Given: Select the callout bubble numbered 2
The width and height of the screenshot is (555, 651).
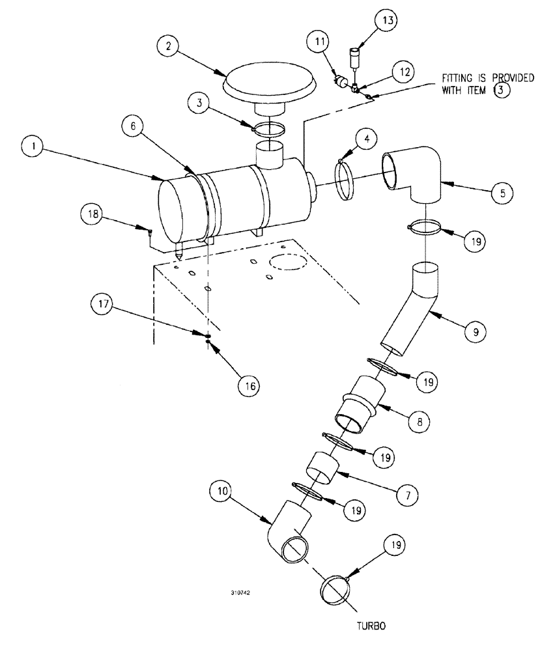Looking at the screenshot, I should (169, 46).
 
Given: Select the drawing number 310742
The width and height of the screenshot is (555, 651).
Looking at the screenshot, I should (240, 594).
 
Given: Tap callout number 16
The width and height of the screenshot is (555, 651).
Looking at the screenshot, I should (248, 385).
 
